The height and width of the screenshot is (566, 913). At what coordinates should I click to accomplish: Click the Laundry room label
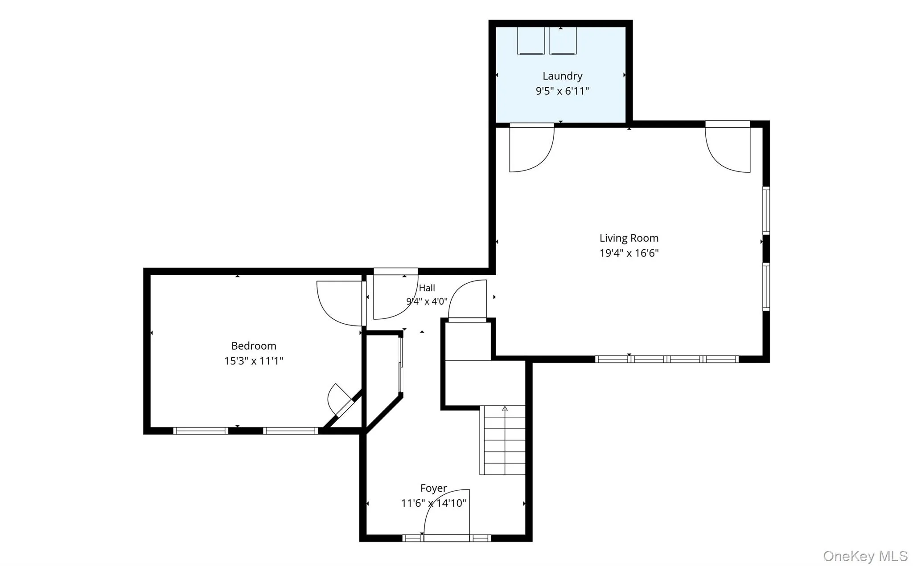tap(562, 76)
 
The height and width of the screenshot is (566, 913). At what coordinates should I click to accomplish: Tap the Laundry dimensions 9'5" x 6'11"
tap(562, 91)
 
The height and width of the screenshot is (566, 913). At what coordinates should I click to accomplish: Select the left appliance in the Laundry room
tap(531, 41)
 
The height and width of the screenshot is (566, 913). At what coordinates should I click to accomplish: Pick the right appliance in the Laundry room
tap(563, 41)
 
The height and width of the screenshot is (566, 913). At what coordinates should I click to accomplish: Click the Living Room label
tap(629, 238)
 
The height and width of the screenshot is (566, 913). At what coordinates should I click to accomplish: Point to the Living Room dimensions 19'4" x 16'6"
tap(629, 253)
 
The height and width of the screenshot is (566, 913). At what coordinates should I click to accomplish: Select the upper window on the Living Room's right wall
tap(766, 211)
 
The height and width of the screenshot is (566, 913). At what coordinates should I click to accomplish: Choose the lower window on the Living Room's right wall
tap(766, 287)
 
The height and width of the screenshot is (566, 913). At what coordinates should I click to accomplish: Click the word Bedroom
tap(254, 346)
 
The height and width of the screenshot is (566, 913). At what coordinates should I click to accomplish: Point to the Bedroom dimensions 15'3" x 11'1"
tap(254, 361)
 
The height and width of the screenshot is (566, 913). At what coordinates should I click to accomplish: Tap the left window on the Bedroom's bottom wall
tap(201, 431)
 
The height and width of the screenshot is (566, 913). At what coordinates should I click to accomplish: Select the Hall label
tap(427, 288)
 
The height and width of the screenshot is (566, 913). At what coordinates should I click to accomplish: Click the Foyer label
tap(433, 489)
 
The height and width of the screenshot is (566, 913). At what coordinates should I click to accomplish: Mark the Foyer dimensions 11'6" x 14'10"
tap(433, 504)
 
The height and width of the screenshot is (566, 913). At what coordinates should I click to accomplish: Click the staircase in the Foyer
tap(503, 440)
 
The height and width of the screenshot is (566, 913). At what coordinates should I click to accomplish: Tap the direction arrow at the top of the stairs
tap(505, 408)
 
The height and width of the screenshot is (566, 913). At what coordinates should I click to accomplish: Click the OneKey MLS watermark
tap(865, 556)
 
